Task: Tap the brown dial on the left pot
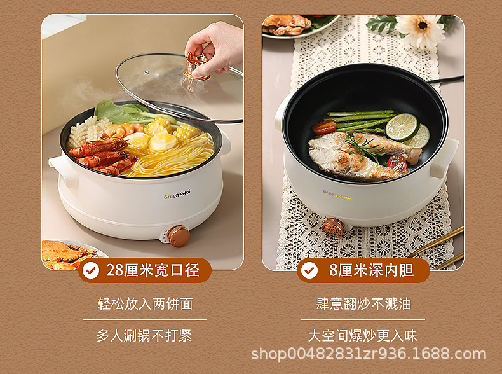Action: (x=178, y=235)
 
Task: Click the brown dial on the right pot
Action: (x=332, y=227)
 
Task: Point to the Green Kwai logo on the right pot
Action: (x=337, y=192)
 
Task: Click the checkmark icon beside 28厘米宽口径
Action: (x=92, y=270)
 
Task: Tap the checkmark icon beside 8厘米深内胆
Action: (x=309, y=270)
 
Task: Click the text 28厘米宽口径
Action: (x=153, y=270)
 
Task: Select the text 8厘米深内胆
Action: (x=371, y=270)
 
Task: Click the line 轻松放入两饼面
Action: (x=145, y=303)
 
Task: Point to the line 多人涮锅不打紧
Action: (x=144, y=335)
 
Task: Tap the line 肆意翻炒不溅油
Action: (x=363, y=303)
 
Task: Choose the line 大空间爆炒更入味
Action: (x=363, y=335)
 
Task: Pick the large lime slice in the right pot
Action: (x=402, y=127)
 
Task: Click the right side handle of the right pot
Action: (x=444, y=156)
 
